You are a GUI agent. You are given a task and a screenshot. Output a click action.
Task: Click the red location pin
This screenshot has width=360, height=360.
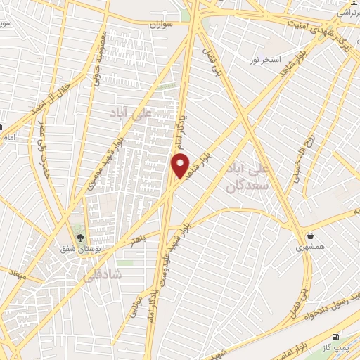(x=181, y=166)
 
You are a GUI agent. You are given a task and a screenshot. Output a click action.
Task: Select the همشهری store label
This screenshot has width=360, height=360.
(x=310, y=247)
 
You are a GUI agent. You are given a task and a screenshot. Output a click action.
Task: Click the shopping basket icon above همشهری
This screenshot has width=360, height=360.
(x=310, y=235)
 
